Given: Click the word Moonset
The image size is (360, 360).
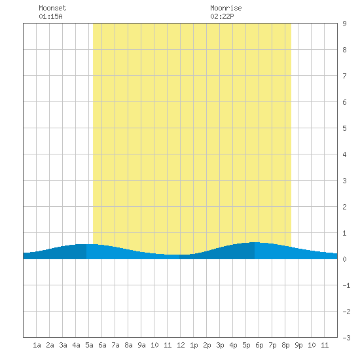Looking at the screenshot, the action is pyautogui.click(x=52, y=8).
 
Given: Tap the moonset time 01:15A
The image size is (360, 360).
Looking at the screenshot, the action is pyautogui.click(x=50, y=16).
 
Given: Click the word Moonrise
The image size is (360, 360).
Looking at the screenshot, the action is pyautogui.click(x=226, y=8).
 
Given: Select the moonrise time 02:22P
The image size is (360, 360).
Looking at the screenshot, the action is pyautogui.click(x=222, y=16).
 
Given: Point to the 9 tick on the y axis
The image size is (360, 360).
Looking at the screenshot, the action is pyautogui.click(x=344, y=24).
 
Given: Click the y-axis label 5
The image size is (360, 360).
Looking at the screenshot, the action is pyautogui.click(x=344, y=128).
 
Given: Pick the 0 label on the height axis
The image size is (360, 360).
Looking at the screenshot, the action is pyautogui.click(x=344, y=259).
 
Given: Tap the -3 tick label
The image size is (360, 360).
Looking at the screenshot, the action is pyautogui.click(x=346, y=338).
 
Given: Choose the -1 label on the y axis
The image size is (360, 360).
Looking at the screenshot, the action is pyautogui.click(x=346, y=285).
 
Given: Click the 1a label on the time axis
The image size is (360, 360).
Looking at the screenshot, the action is pyautogui.click(x=37, y=345).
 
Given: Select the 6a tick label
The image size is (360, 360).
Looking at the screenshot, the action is pyautogui.click(x=102, y=345).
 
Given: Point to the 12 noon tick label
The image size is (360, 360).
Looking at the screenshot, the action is pyautogui.click(x=181, y=345).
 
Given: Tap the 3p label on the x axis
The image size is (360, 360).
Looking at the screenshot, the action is pyautogui.click(x=220, y=345).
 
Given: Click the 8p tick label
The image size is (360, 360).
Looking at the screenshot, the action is pyautogui.click(x=285, y=345).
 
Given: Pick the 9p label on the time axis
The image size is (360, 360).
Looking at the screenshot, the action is pyautogui.click(x=298, y=345).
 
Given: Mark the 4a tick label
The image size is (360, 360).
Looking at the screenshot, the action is pyautogui.click(x=76, y=345).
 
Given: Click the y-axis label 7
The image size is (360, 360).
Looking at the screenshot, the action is pyautogui.click(x=344, y=76).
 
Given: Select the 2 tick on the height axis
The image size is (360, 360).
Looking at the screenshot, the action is pyautogui.click(x=344, y=207).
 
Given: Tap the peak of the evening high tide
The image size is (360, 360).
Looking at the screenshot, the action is pyautogui.click(x=255, y=242).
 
